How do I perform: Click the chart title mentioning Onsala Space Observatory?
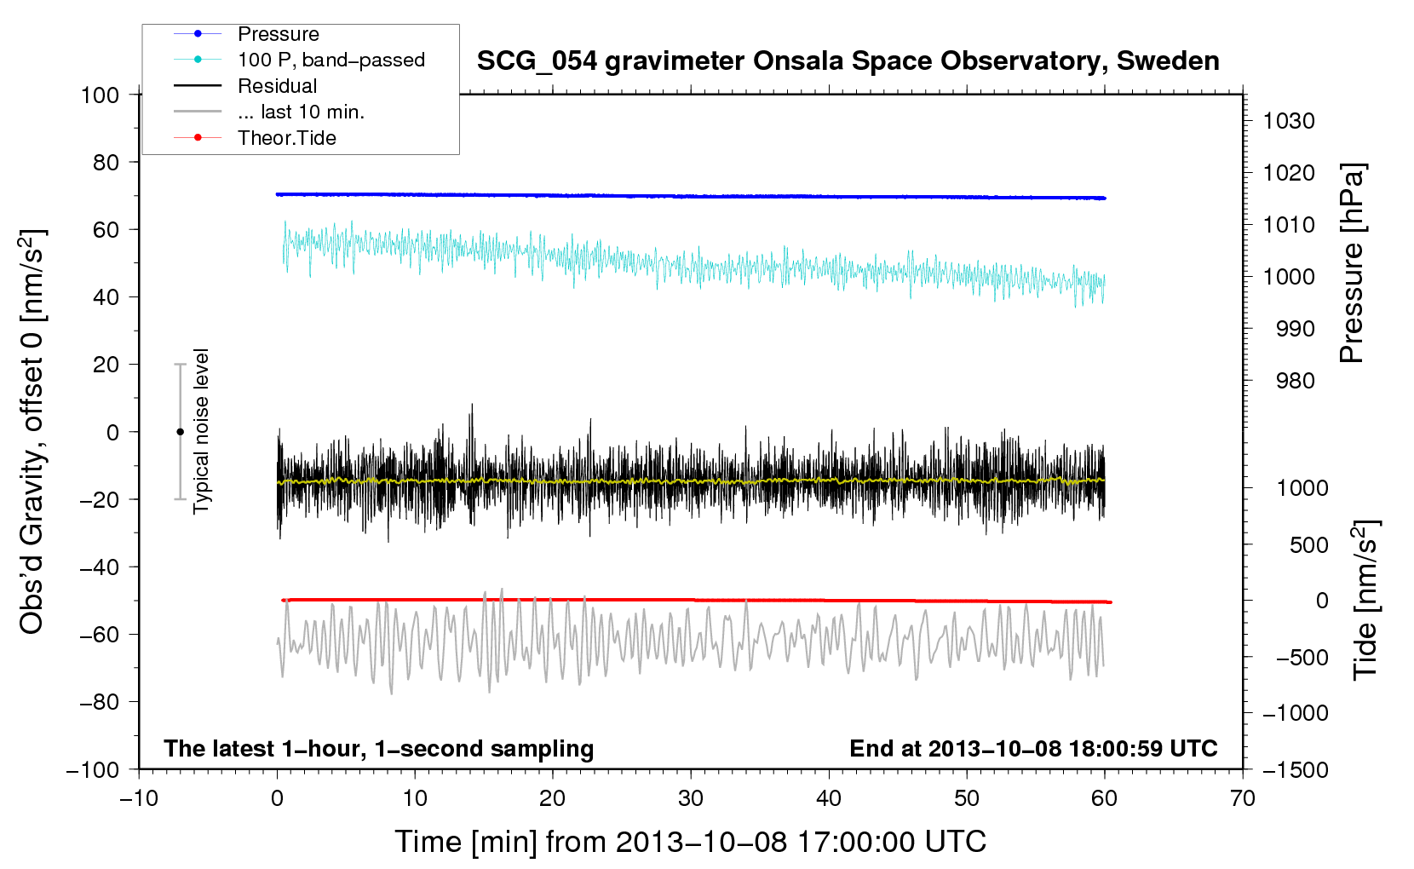pyautogui.click(x=848, y=61)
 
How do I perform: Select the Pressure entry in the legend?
pyautogui.click(x=278, y=34)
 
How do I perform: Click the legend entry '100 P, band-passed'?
pyautogui.click(x=331, y=60)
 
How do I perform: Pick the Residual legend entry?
pyautogui.click(x=277, y=86)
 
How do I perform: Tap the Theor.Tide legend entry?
pyautogui.click(x=286, y=138)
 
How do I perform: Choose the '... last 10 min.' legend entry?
pyautogui.click(x=300, y=112)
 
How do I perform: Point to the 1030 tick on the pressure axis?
pyautogui.click(x=1288, y=121)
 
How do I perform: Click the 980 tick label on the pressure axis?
pyautogui.click(x=1295, y=381)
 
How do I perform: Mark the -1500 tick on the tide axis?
pyautogui.click(x=1295, y=770)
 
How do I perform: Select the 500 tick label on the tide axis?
pyautogui.click(x=1308, y=545)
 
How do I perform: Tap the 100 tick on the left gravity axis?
pyautogui.click(x=100, y=95)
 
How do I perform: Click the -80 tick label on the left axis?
pyautogui.click(x=99, y=702)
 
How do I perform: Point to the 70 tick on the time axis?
pyautogui.click(x=1242, y=798)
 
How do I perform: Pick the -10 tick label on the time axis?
pyautogui.click(x=139, y=798)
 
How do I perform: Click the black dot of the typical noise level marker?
pyautogui.click(x=180, y=432)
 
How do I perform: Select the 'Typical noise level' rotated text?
pyautogui.click(x=201, y=431)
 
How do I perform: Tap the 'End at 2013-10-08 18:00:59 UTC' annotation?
pyautogui.click(x=1033, y=749)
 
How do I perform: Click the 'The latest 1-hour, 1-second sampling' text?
pyautogui.click(x=378, y=749)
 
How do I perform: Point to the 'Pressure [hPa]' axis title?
pyautogui.click(x=1352, y=263)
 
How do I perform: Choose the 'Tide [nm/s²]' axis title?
pyautogui.click(x=1365, y=601)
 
